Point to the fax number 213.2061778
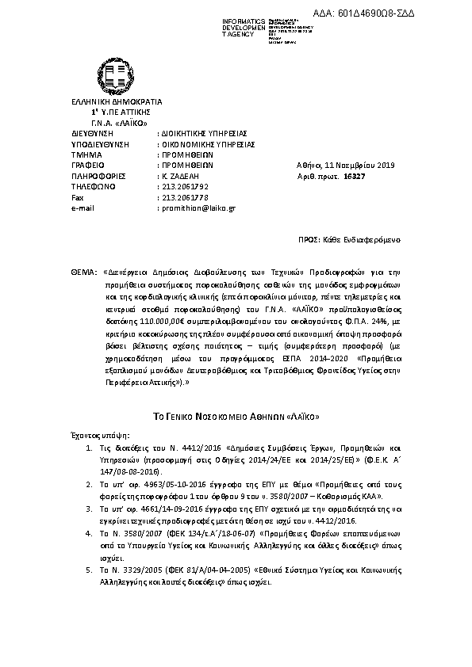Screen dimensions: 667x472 pos(182,197)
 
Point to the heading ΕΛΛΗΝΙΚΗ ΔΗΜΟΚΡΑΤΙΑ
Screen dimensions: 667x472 pos(105,102)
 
